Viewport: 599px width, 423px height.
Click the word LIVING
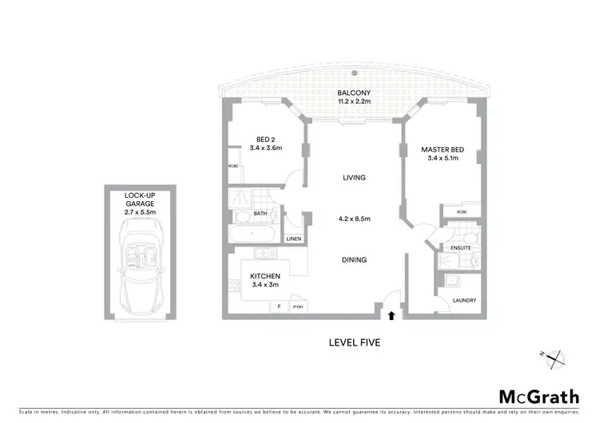click(x=353, y=178)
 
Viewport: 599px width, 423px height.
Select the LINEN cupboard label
click(x=294, y=239)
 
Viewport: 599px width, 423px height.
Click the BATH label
click(x=260, y=214)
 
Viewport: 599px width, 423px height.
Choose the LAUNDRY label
click(x=464, y=301)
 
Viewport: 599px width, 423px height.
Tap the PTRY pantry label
click(x=297, y=306)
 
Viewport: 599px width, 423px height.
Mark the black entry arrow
click(x=391, y=315)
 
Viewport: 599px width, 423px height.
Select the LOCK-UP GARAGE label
click(x=140, y=200)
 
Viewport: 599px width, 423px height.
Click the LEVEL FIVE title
click(x=355, y=343)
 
